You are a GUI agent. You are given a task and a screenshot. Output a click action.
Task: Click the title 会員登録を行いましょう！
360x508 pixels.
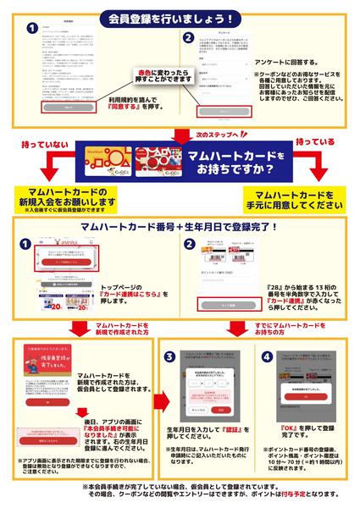coord(180,19)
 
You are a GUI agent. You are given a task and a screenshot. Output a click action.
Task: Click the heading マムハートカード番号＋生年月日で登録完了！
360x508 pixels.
coord(180,228)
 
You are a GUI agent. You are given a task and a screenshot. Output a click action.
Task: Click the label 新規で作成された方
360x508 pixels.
coord(102,327)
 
